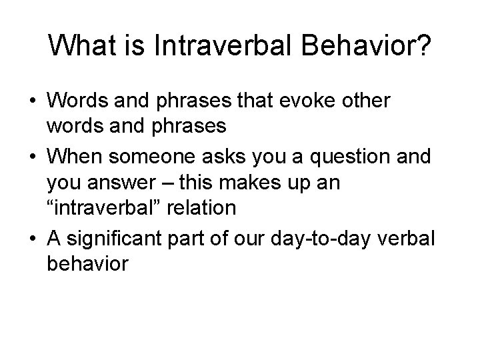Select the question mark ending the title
(x=425, y=47)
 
